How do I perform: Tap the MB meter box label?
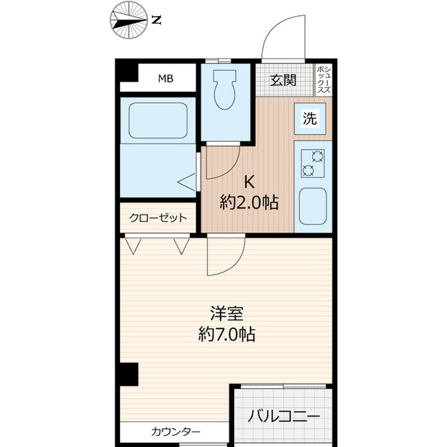[165, 78]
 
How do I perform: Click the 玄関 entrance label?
[283, 79]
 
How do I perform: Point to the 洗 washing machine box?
[309, 119]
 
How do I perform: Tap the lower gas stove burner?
[308, 170]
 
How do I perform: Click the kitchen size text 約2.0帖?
[249, 203]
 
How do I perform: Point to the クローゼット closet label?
[158, 218]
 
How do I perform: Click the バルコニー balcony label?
[284, 417]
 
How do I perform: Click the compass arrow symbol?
[128, 20]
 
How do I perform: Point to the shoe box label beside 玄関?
[323, 79]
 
